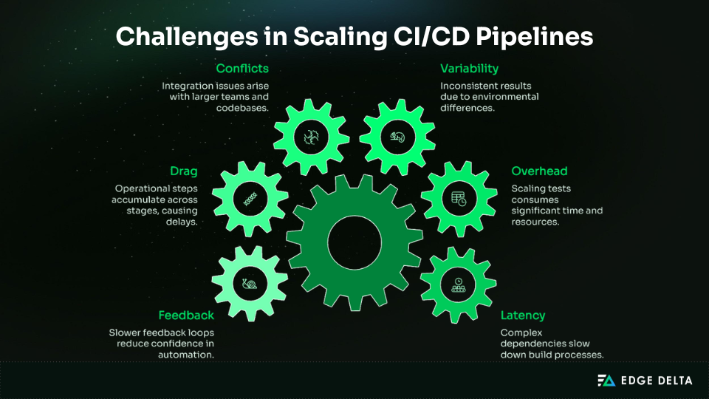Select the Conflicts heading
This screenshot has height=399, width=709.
tap(242, 69)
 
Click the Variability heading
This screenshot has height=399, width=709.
tap(470, 69)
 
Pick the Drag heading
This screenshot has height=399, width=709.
tap(184, 171)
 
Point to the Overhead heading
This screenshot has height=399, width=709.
tap(540, 171)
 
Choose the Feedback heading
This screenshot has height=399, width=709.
tap(186, 316)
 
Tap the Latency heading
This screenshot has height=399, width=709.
tap(523, 316)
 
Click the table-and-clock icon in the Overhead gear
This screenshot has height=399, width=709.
tap(459, 198)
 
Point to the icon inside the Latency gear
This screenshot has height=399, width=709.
tap(459, 284)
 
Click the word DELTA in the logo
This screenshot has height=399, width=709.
tap(672, 381)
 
